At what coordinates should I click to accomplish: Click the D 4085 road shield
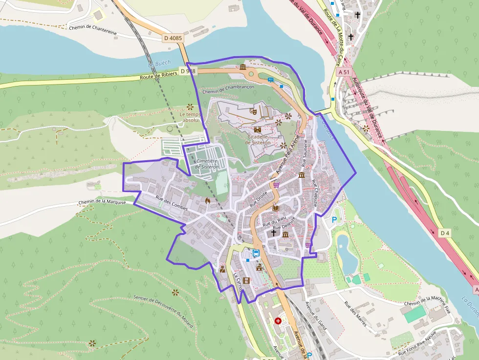click(173, 38)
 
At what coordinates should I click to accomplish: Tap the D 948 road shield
click(188, 71)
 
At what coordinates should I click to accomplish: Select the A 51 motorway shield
click(344, 72)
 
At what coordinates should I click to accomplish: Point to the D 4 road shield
click(444, 233)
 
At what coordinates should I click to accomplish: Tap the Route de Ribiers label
click(158, 76)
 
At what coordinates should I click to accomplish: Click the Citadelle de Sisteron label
click(259, 140)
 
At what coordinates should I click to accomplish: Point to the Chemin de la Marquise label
click(102, 201)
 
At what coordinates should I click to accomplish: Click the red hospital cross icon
click(278, 321)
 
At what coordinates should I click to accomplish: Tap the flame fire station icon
click(208, 200)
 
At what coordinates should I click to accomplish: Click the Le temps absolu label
click(190, 117)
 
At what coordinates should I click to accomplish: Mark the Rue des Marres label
click(355, 309)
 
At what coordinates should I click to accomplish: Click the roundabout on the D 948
click(251, 75)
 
